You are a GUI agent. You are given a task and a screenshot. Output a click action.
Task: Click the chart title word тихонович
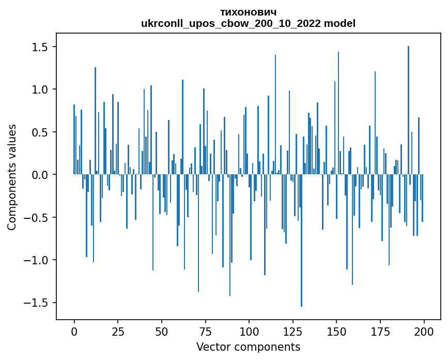(248, 12)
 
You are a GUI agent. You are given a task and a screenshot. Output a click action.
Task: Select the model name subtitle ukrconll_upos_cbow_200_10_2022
(248, 23)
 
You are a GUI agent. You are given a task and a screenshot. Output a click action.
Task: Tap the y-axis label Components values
(12, 177)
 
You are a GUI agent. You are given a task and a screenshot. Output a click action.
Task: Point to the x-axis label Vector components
(248, 347)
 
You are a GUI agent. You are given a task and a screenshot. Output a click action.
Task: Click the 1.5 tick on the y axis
(40, 47)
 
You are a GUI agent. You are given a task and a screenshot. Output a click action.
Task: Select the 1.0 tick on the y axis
(40, 89)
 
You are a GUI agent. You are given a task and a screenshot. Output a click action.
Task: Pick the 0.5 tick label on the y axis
(40, 132)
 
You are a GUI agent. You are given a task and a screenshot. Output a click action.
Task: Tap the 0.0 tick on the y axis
(40, 175)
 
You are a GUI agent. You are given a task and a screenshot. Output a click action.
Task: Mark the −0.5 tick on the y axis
(37, 217)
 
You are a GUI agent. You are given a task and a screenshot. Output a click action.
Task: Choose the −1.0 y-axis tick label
(37, 260)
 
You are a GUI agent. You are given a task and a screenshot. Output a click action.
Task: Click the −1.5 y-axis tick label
(37, 303)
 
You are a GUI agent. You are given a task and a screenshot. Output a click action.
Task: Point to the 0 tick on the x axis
(74, 331)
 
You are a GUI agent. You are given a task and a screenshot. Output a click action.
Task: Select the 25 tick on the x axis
(118, 331)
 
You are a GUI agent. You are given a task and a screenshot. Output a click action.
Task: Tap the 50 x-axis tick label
(162, 331)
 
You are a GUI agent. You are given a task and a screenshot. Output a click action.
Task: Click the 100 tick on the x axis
(249, 331)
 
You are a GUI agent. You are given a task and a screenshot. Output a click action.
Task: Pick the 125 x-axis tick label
(293, 331)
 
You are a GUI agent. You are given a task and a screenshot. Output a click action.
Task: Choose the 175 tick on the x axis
(380, 331)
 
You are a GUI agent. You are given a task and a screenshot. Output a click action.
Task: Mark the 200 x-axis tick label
(424, 331)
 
